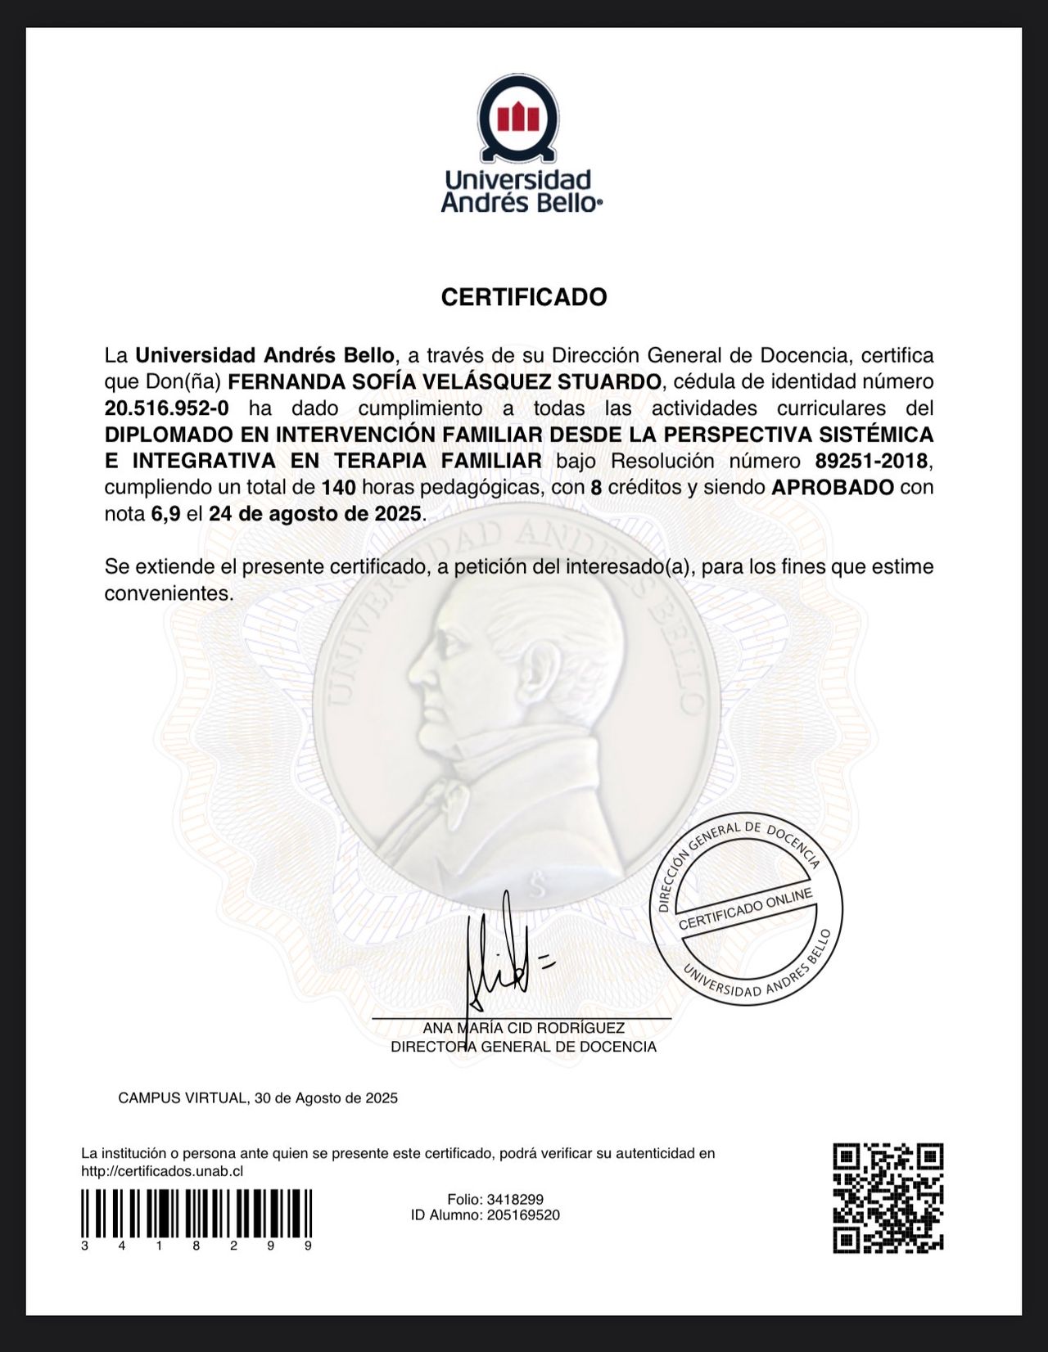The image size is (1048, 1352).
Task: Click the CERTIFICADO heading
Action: (x=524, y=296)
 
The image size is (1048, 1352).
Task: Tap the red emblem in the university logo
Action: (x=519, y=118)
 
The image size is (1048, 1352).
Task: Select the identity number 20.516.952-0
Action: (x=166, y=408)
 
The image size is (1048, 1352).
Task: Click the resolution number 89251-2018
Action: (x=871, y=461)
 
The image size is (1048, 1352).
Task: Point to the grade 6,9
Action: (x=165, y=514)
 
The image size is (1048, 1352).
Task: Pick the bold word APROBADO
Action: (x=833, y=487)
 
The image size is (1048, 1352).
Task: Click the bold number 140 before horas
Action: (x=338, y=487)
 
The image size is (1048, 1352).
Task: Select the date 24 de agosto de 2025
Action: (x=314, y=514)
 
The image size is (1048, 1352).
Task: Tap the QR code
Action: (x=888, y=1197)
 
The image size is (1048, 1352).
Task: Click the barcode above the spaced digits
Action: (x=196, y=1213)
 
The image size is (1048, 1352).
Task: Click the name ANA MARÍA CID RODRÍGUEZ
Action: (x=523, y=1028)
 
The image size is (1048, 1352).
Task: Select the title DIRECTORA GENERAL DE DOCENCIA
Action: (x=523, y=1047)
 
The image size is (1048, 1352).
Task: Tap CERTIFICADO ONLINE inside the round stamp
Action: (x=745, y=908)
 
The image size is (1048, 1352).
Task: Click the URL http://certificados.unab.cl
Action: (x=162, y=1171)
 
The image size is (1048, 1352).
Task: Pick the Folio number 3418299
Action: (x=514, y=1199)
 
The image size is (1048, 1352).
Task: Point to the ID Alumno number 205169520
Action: (x=522, y=1215)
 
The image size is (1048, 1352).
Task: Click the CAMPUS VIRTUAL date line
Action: (x=258, y=1097)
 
